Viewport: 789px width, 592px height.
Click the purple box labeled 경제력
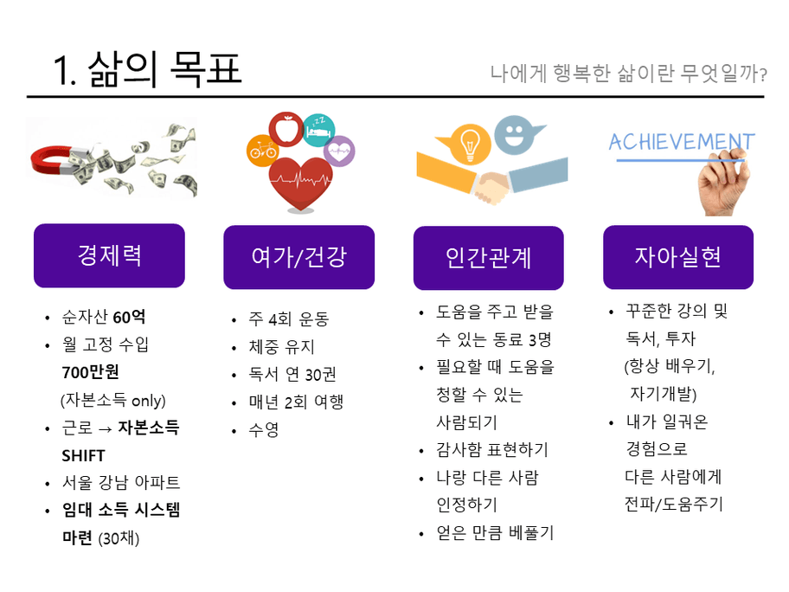click(109, 255)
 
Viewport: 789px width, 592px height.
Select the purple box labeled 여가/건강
click(298, 257)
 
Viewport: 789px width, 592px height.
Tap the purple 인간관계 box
click(488, 258)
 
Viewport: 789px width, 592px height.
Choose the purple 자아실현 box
click(677, 257)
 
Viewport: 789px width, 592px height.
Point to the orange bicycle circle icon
click(262, 151)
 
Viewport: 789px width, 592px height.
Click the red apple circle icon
click(286, 128)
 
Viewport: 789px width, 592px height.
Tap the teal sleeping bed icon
click(319, 131)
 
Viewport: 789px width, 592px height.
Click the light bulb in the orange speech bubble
click(470, 143)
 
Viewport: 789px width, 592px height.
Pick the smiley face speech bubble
click(516, 134)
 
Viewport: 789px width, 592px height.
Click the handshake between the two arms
click(491, 187)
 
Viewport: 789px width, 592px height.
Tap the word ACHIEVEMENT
click(682, 142)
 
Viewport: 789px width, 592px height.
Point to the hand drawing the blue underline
click(723, 183)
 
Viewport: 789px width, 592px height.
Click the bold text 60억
click(129, 317)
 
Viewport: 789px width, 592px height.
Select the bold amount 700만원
click(91, 372)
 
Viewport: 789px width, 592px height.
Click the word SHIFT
click(83, 455)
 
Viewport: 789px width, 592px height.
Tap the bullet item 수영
click(264, 429)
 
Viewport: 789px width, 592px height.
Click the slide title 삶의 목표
click(165, 69)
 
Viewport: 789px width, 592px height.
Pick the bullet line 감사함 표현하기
click(492, 449)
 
